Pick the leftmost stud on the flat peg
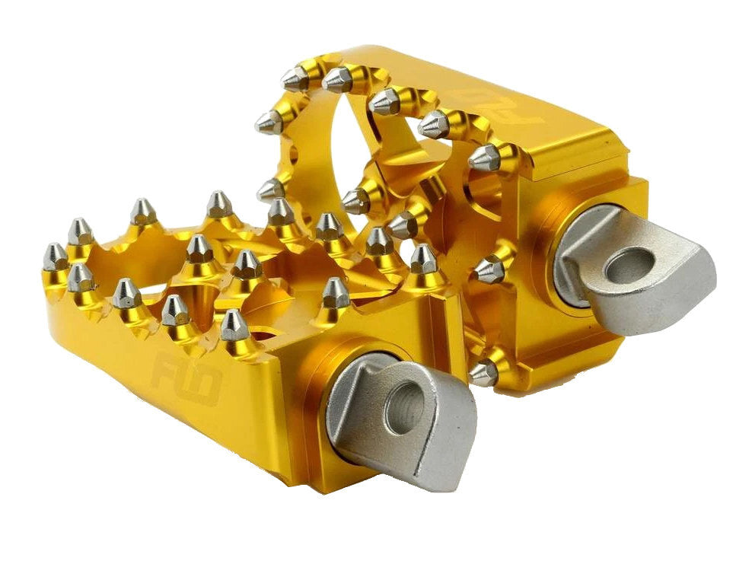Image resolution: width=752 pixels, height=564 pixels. pos(54,257)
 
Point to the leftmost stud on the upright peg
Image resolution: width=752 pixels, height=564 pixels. pos(269,122)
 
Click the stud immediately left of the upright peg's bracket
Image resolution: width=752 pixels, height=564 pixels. pos(489,269)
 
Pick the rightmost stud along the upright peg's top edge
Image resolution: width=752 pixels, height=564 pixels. pos(484,158)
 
